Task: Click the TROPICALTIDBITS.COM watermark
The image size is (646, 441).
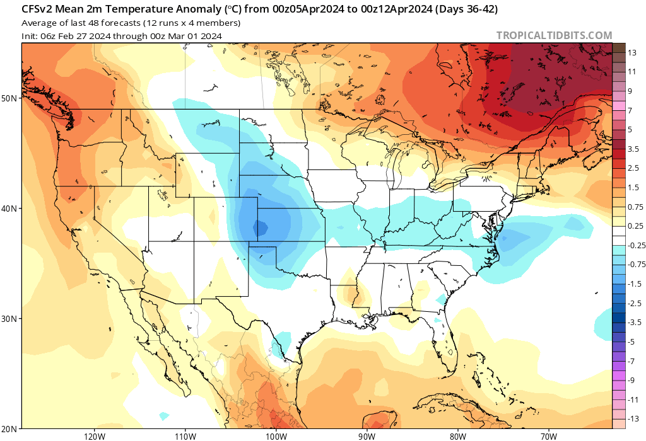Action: pos(554,36)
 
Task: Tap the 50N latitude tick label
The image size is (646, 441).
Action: pos(9,98)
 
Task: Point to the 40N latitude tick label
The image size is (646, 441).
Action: pos(9,209)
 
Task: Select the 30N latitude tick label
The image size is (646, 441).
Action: pos(9,319)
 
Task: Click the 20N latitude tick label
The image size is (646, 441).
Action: pos(9,429)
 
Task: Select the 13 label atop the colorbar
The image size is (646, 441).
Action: pos(632,53)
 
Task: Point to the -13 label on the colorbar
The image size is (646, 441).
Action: pos(633,419)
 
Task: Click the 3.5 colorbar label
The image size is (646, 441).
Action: pos(634,149)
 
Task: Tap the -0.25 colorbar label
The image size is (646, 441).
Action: pos(636,245)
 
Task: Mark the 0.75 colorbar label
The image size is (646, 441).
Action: pos(635,207)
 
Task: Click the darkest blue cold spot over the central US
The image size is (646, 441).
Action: pos(257,226)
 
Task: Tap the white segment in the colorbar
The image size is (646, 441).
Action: pos(619,236)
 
